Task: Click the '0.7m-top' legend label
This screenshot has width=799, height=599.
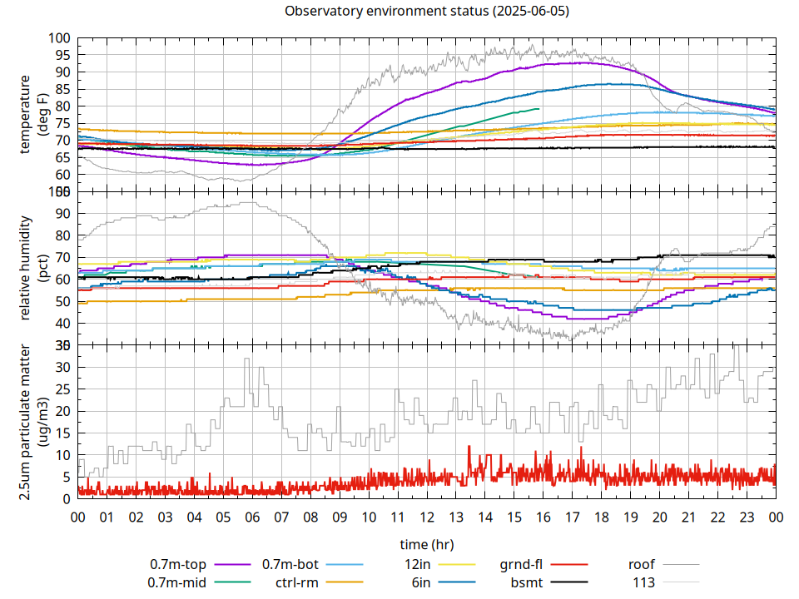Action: coord(178,564)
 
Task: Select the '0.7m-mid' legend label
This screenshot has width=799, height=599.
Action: coord(177,582)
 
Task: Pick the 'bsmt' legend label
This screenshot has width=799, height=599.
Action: coord(525,582)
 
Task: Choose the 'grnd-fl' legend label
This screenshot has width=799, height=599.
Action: coord(521,564)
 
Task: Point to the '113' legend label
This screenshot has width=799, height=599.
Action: coord(644,582)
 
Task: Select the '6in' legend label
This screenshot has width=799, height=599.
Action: coord(420,582)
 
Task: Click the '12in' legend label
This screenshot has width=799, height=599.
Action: coord(416,564)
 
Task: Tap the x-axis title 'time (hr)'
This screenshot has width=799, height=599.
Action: coord(427,545)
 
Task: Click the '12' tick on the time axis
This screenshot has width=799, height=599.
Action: coord(427,517)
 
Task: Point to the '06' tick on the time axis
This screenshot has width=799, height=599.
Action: coord(252,517)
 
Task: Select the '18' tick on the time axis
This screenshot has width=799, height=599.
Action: coord(601,517)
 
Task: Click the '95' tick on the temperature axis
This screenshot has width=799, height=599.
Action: coord(60,55)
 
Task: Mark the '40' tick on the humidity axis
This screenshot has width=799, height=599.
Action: coord(60,324)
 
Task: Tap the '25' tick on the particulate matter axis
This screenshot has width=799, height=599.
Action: coord(60,389)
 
